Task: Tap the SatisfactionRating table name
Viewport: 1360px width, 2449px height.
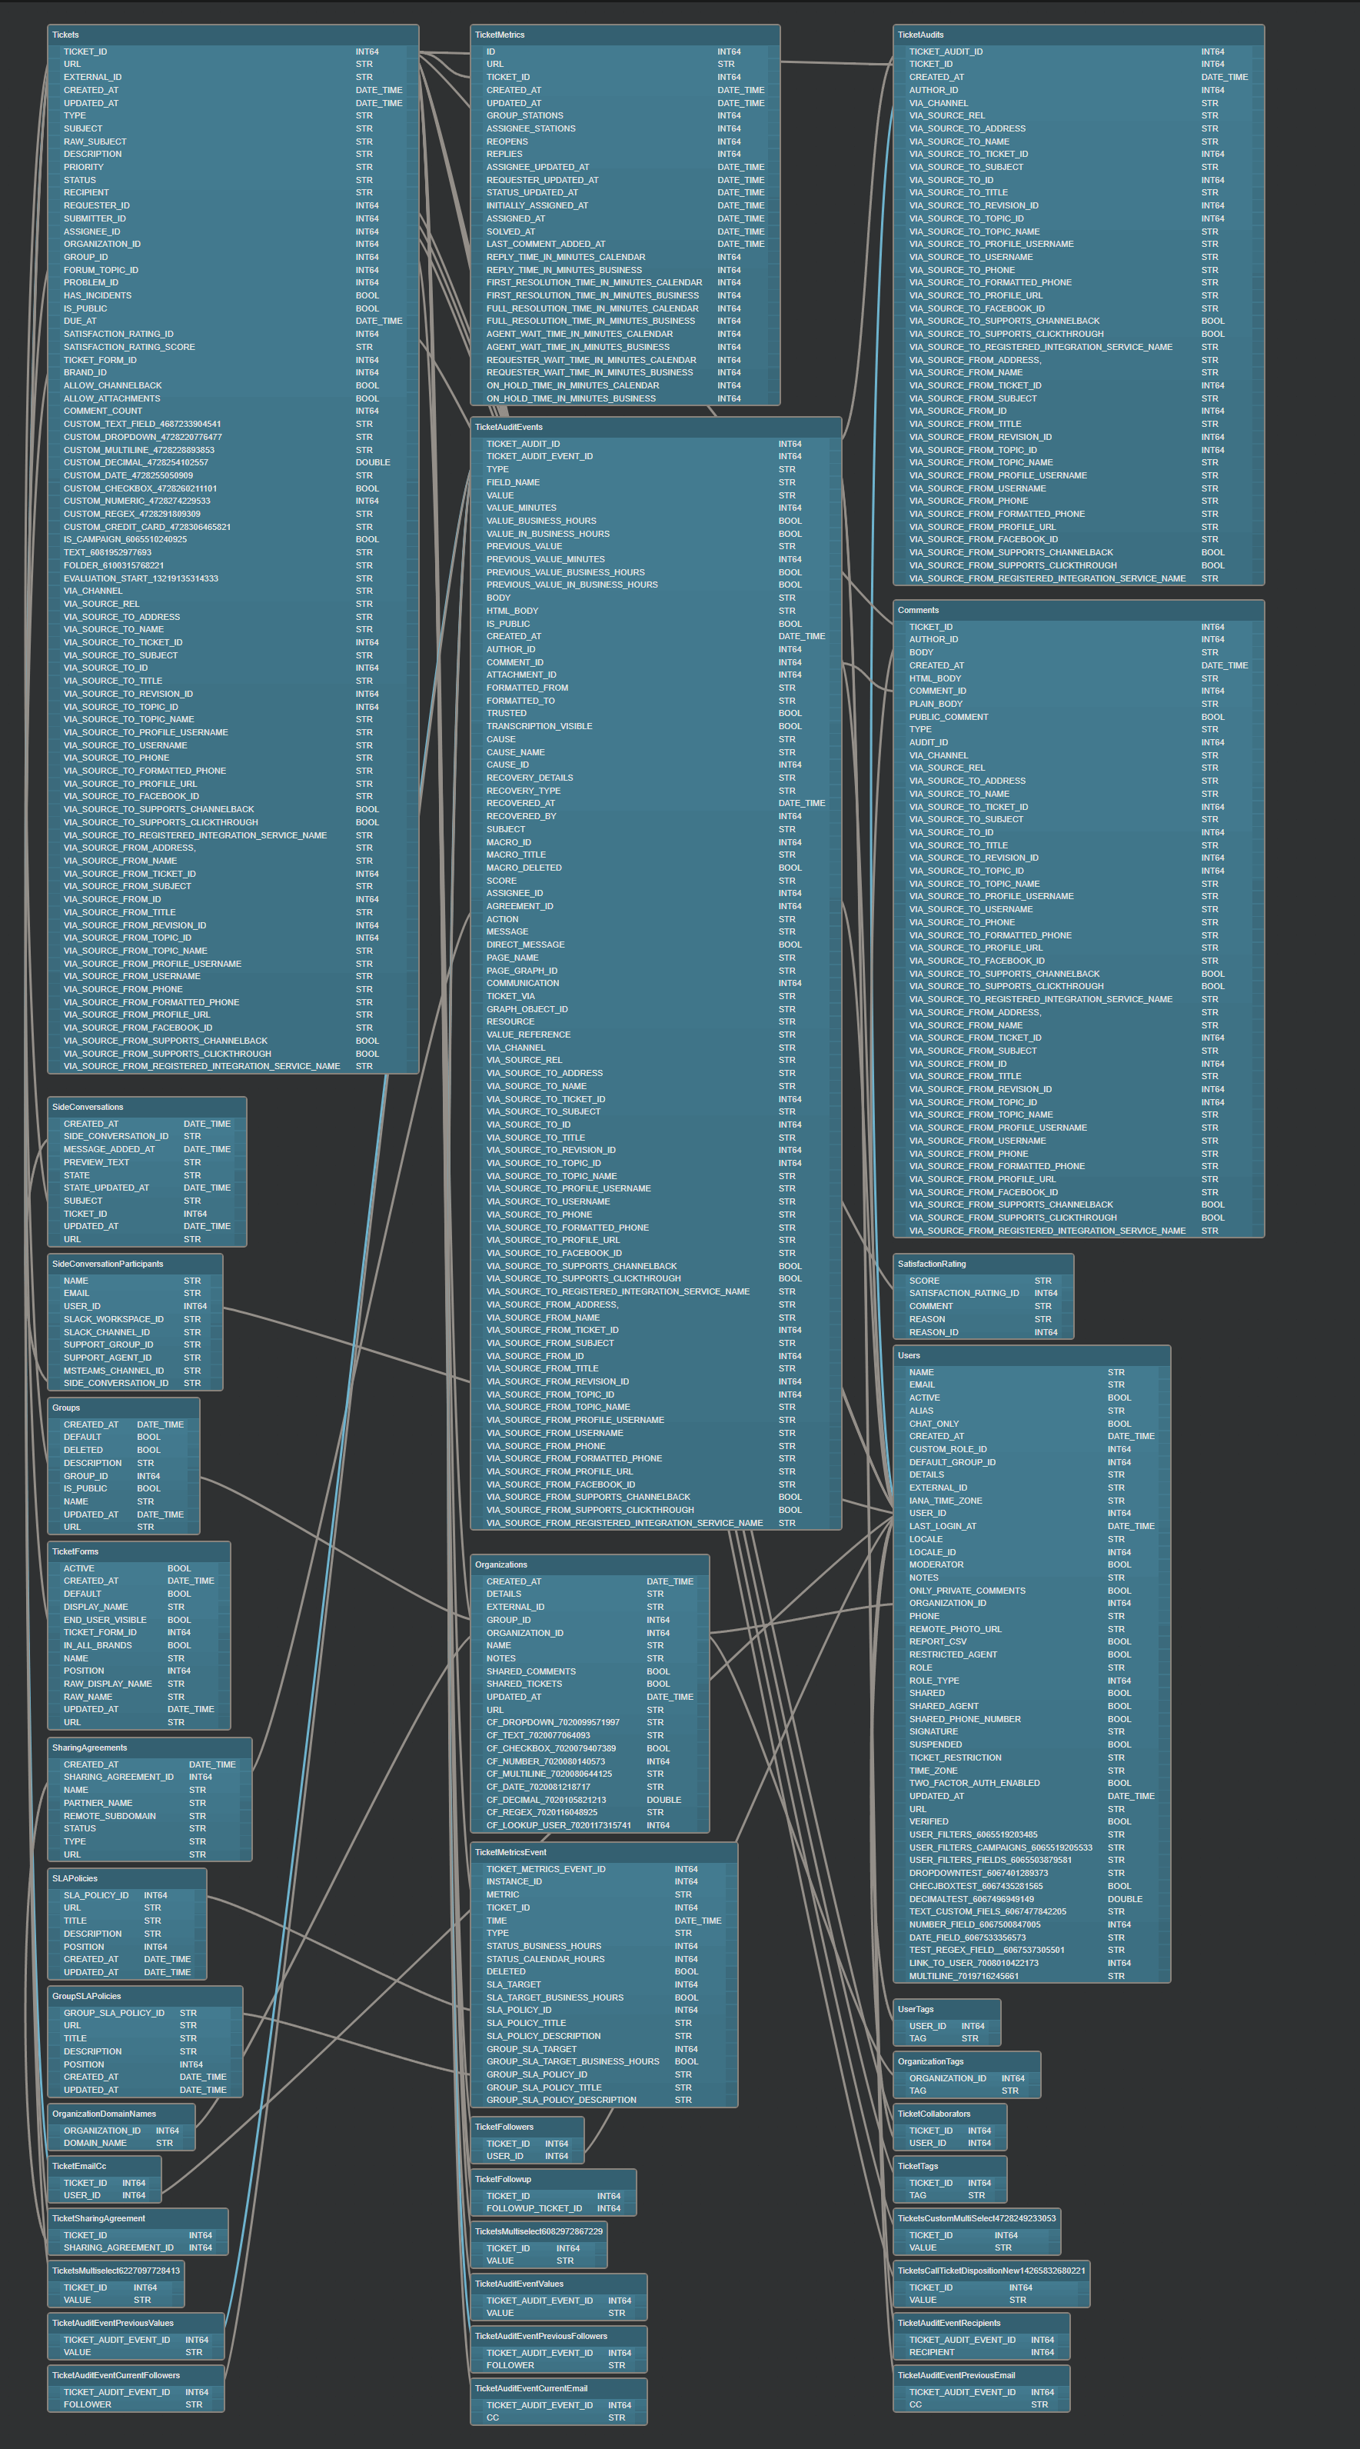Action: pyautogui.click(x=931, y=1264)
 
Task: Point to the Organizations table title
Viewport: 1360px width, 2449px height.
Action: pyautogui.click(x=500, y=1564)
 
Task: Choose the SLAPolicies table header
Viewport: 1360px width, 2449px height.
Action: pyautogui.click(x=74, y=1878)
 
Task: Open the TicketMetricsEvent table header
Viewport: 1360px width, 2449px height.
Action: pyautogui.click(x=510, y=1852)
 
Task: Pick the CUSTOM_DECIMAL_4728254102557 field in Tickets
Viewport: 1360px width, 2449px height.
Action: pyautogui.click(x=136, y=462)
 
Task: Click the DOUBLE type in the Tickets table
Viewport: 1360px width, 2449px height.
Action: pyautogui.click(x=373, y=462)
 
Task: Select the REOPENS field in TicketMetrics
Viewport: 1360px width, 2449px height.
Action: pyautogui.click(x=507, y=142)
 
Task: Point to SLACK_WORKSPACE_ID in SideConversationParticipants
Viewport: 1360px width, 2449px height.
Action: pyautogui.click(x=113, y=1318)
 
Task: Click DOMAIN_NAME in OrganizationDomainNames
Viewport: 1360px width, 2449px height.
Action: pyautogui.click(x=95, y=2143)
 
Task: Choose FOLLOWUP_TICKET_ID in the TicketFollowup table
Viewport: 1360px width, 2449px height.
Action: pyautogui.click(x=534, y=2208)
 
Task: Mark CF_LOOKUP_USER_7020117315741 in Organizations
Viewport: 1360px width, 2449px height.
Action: pyautogui.click(x=559, y=1824)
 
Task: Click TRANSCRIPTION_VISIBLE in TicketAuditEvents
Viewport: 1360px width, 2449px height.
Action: pyautogui.click(x=539, y=726)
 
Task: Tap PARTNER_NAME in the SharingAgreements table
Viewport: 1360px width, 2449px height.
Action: pyautogui.click(x=98, y=1803)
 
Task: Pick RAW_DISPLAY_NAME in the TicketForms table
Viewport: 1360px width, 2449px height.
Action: pyautogui.click(x=108, y=1684)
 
